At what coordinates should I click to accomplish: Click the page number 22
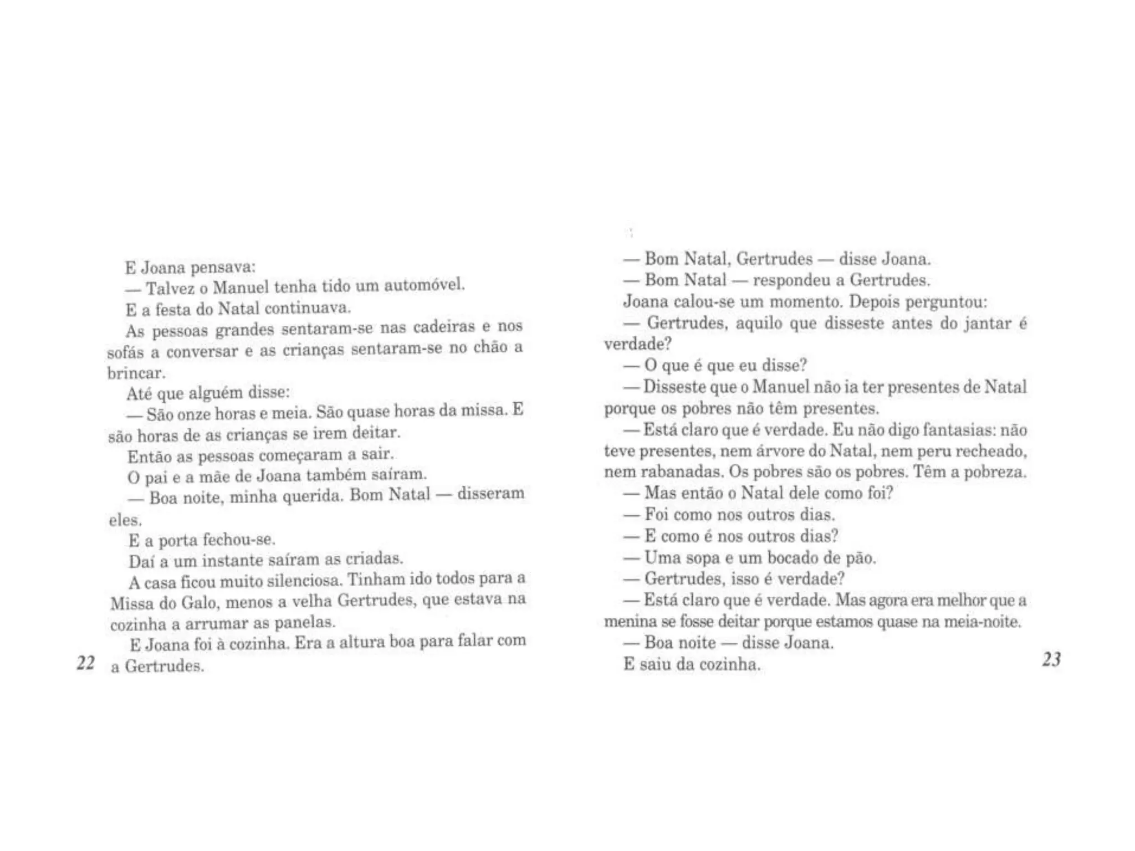click(86, 663)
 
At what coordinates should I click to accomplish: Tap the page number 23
click(1051, 659)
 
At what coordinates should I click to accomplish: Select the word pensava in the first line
click(222, 268)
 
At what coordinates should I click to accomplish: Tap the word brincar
click(136, 373)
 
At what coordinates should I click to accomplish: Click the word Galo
click(198, 602)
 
